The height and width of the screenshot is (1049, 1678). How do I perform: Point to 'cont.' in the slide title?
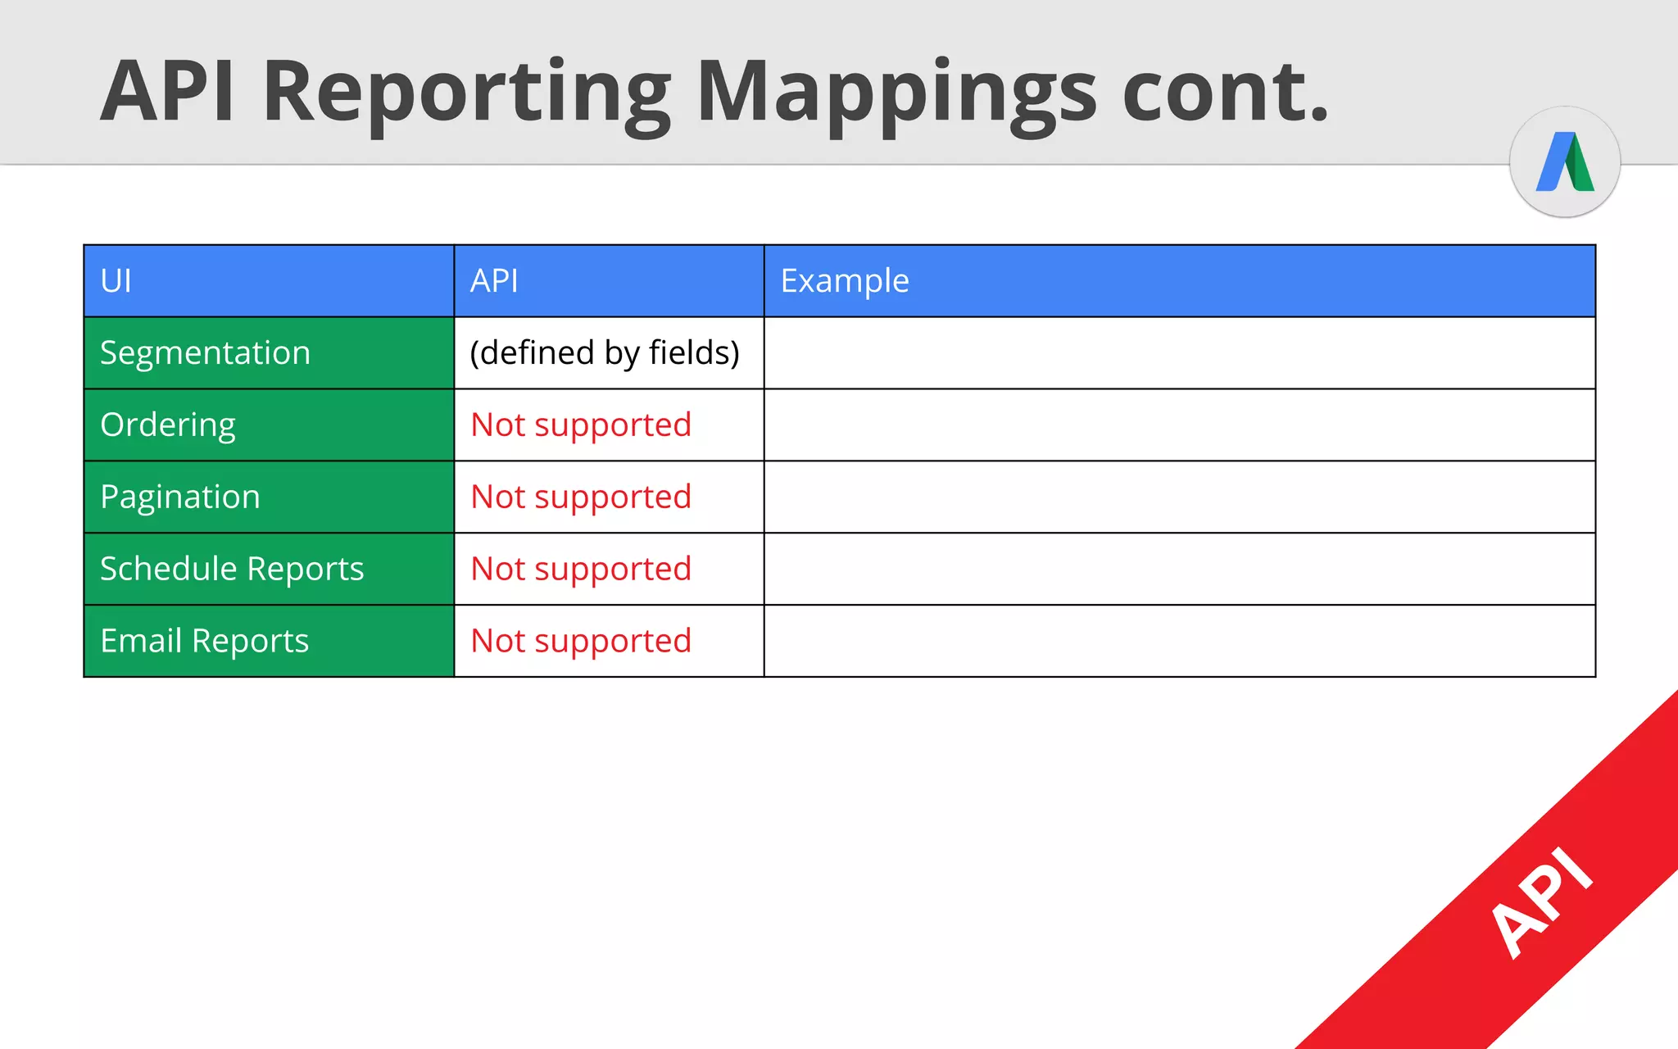1225,92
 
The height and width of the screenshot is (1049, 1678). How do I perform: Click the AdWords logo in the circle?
1565,162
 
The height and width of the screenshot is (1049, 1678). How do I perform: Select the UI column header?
116,281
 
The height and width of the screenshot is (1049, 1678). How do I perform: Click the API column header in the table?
494,281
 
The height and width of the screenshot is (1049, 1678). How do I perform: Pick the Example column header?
845,281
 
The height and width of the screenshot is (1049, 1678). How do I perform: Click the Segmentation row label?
206,353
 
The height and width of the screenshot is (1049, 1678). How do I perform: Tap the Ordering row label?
168,425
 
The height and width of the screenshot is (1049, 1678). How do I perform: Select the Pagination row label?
180,497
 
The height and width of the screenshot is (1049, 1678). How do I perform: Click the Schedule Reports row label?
232,569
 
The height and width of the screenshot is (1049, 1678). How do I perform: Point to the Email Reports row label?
205,641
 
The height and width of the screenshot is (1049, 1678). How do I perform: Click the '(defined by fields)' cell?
605,353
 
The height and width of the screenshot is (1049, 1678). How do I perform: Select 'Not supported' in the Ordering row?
581,425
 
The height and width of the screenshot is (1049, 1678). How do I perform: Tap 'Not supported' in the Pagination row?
581,497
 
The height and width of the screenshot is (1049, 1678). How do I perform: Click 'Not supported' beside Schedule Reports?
581,569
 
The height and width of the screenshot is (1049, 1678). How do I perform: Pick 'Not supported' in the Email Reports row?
581,641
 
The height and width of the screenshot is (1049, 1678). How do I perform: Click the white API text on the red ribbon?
1540,901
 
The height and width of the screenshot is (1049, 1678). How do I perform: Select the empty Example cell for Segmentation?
1179,353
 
